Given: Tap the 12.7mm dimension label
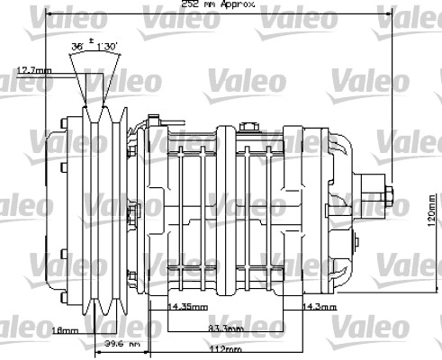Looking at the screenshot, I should pyautogui.click(x=34, y=69).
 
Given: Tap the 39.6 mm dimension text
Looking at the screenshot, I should pyautogui.click(x=120, y=344).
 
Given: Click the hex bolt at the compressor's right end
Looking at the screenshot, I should pyautogui.click(x=392, y=194).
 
